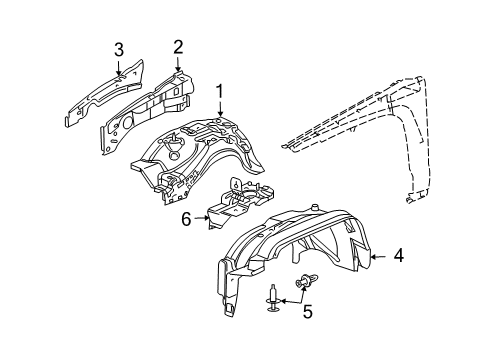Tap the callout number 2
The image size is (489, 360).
tap(178, 46)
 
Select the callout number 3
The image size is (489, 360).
tap(119, 49)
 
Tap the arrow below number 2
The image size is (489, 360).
tap(178, 64)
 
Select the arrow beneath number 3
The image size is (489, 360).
tap(119, 68)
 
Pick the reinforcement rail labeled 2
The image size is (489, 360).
tap(150, 105)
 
